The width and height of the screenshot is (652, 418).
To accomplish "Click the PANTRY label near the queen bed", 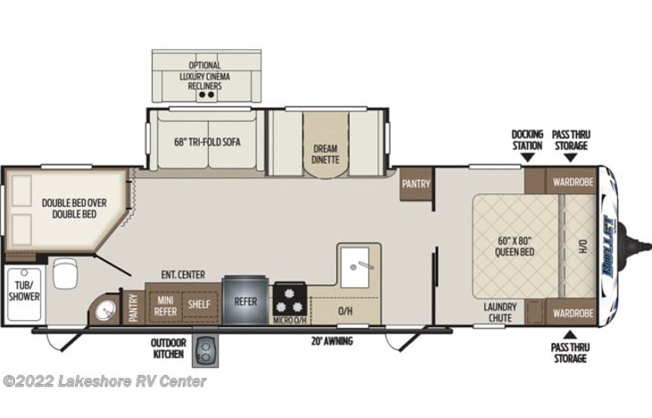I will coord(417,184).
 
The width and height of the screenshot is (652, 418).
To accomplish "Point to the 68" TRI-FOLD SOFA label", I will coord(207,142).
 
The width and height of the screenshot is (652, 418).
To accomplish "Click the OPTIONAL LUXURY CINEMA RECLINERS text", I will coord(204,76).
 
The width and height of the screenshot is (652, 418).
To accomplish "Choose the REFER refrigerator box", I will coord(245,301).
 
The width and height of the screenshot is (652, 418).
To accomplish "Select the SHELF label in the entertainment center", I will coord(198,303).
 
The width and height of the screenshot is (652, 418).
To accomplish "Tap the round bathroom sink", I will coord(106,311).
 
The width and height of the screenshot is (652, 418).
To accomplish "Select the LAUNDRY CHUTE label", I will coord(500,312).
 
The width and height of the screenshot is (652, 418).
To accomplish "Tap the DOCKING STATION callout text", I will coord(527,140).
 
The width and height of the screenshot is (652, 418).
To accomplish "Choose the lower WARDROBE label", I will coord(573,313).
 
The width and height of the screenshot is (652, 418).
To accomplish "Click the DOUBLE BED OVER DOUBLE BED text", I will coord(74,209).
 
